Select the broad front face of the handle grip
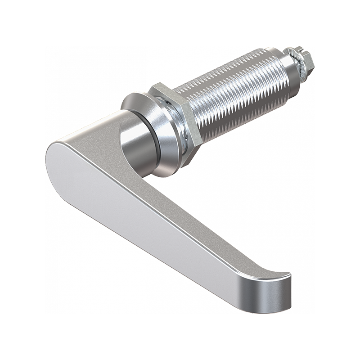(148, 216)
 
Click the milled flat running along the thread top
(225, 67)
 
